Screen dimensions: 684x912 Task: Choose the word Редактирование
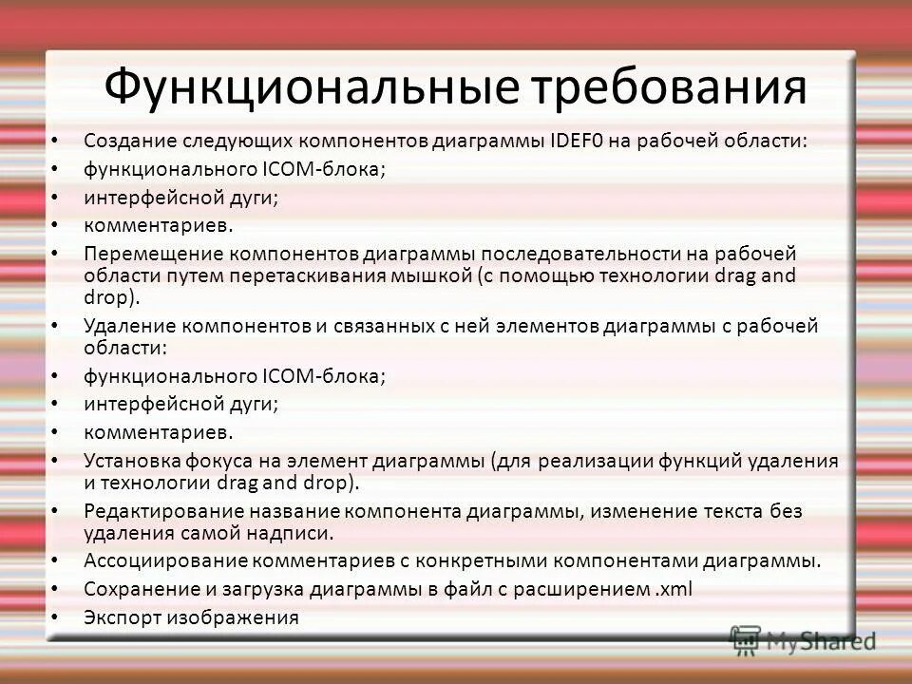click(x=159, y=511)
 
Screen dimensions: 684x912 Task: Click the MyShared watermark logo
click(x=804, y=638)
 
